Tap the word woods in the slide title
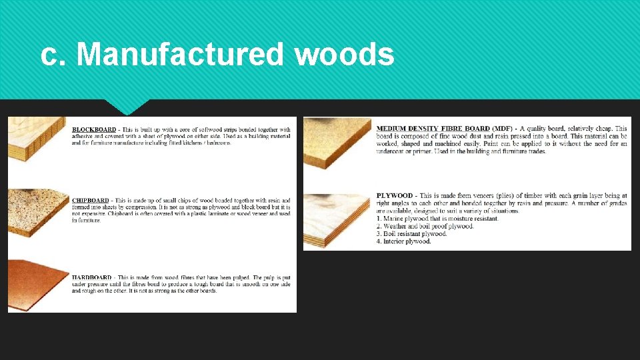(344, 54)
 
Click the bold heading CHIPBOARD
(90, 200)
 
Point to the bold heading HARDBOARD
(91, 277)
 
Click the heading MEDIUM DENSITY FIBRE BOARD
(433, 128)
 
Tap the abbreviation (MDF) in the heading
(502, 128)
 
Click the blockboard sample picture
(37, 139)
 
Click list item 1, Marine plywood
(437, 219)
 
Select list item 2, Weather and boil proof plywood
(425, 226)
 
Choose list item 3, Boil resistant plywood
(411, 234)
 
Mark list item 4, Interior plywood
(403, 241)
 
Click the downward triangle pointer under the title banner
(127, 107)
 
